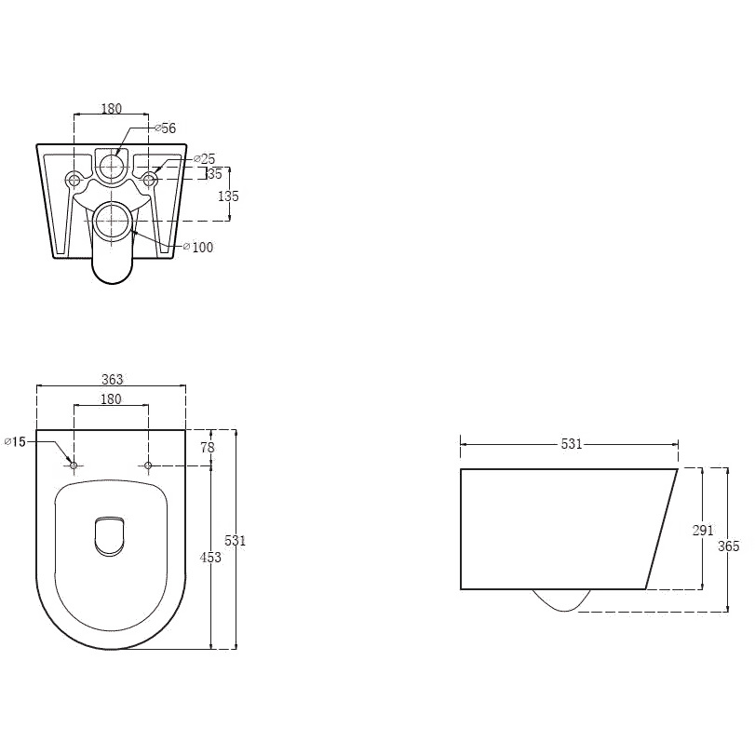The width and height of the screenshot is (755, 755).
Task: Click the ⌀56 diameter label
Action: (x=165, y=128)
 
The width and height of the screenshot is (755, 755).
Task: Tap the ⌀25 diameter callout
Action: (x=204, y=158)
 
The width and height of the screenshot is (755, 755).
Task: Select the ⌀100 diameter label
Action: (x=198, y=247)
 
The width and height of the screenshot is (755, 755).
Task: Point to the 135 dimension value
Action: (x=228, y=196)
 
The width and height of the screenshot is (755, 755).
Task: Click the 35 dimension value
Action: (x=215, y=174)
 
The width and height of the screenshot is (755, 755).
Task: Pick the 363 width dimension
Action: (x=113, y=380)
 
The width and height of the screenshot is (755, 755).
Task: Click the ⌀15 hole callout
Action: (x=15, y=441)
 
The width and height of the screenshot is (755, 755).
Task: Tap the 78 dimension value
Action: (x=208, y=447)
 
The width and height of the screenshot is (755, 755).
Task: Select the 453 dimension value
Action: (x=210, y=557)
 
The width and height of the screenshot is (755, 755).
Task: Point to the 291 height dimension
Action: (x=703, y=530)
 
